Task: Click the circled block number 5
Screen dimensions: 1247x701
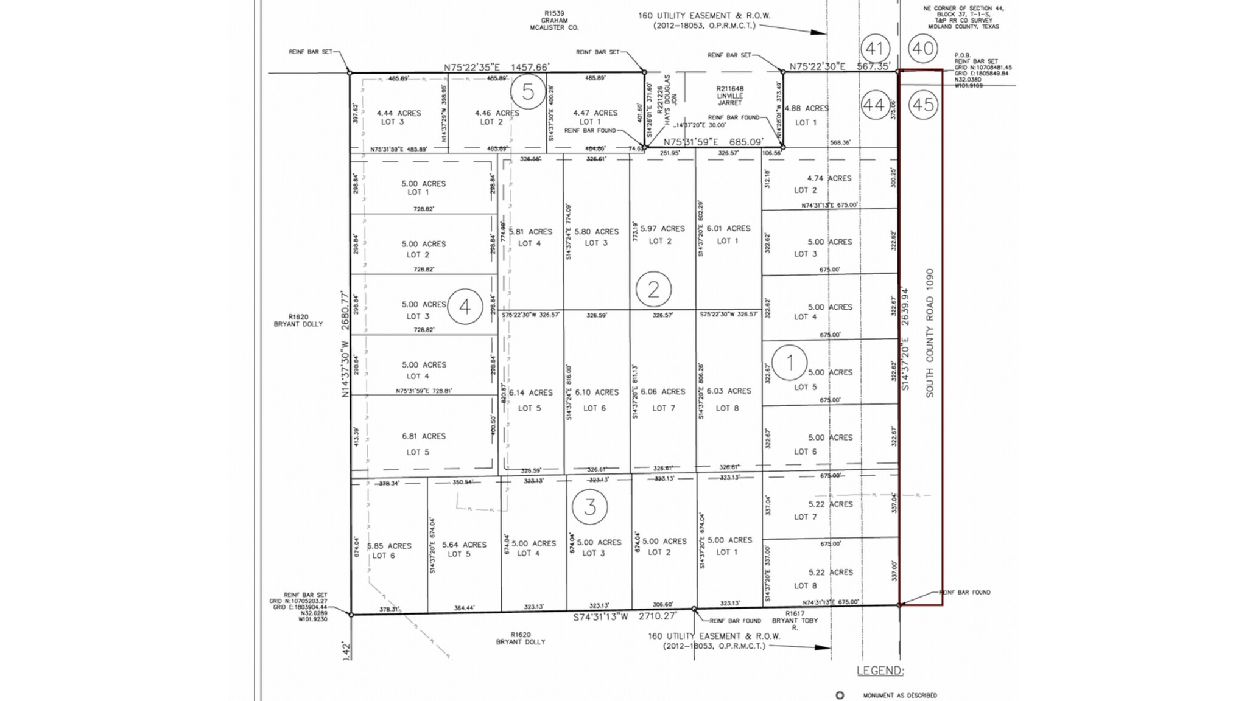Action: (528, 92)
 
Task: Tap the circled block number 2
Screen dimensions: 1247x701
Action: (653, 289)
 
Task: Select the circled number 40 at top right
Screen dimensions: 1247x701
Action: (923, 48)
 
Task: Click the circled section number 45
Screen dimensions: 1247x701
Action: (923, 105)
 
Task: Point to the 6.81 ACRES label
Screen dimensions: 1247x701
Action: (424, 436)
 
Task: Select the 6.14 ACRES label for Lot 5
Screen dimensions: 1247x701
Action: (530, 392)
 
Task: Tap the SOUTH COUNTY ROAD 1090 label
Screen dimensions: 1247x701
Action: (930, 333)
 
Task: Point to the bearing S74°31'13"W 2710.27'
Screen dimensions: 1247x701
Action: (625, 617)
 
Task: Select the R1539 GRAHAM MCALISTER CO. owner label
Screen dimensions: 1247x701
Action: (555, 20)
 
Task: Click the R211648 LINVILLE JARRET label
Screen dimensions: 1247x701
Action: (729, 96)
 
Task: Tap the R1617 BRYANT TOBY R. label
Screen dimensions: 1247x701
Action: (795, 620)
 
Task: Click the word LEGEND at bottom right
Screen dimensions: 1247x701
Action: (880, 671)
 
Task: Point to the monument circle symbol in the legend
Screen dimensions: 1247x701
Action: (840, 695)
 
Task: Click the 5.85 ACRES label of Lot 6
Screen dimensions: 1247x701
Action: (389, 546)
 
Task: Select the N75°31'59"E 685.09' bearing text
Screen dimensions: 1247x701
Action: (713, 142)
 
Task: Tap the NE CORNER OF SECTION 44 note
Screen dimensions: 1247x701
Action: (963, 17)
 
